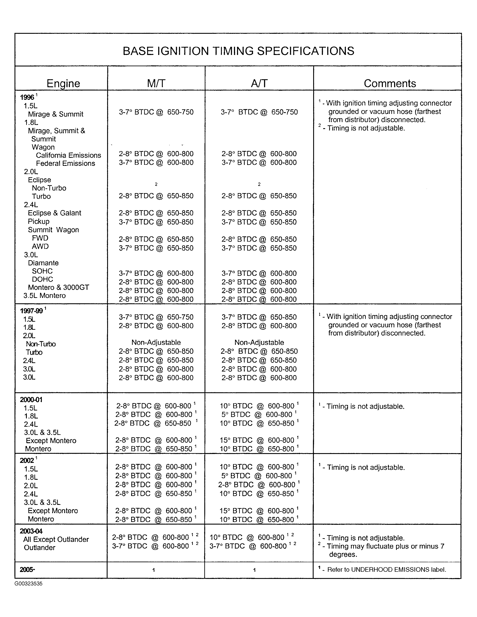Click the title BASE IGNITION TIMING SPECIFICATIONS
coord(238,51)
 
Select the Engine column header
coord(63,83)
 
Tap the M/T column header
coord(156,83)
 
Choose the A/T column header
coord(259,83)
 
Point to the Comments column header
coord(390,83)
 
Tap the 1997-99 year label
coord(32,311)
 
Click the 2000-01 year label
coord(31,399)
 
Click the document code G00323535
coord(29,583)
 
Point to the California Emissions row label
coord(68,155)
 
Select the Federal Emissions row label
coord(66,163)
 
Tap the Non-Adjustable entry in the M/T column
coord(156,342)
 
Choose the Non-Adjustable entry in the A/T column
coord(259,342)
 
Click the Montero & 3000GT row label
coord(58,287)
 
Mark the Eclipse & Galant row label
coord(55,213)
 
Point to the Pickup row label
coord(39,221)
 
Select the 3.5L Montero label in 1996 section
coord(45,296)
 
